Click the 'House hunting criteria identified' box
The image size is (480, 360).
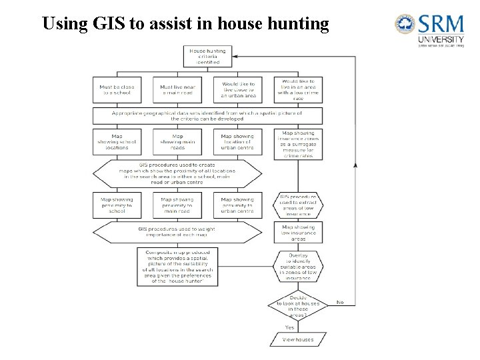pos(207,56)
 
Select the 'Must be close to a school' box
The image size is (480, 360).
pos(117,91)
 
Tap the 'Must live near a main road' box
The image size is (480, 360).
pos(177,91)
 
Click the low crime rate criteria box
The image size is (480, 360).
pos(298,90)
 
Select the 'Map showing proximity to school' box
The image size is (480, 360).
pos(117,205)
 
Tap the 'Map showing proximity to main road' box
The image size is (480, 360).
pos(177,205)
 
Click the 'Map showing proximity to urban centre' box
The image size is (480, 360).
pos(237,205)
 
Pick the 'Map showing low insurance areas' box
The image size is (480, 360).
pos(298,233)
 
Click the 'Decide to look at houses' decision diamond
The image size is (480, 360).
pos(298,306)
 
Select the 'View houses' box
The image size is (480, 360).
pos(298,339)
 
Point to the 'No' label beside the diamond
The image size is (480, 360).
pos(340,302)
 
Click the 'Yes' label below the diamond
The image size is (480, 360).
pos(290,327)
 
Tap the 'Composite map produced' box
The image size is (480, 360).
pos(177,267)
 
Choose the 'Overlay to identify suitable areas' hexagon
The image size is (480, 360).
pos(298,267)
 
